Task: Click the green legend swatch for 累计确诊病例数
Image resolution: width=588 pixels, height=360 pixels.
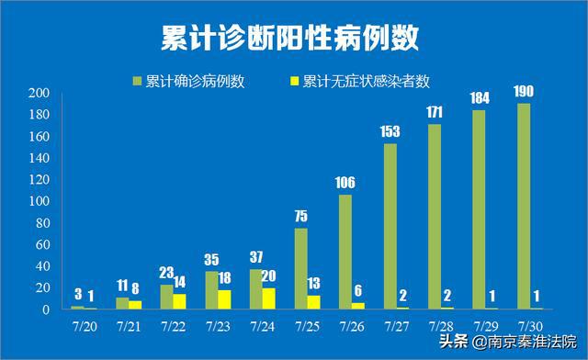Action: [138, 80]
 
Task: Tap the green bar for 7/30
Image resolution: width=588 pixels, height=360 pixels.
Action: [524, 206]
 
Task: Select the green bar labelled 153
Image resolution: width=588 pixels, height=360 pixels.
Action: [390, 226]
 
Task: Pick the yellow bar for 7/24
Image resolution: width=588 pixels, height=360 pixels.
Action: [268, 298]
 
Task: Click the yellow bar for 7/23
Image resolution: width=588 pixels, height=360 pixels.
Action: [224, 299]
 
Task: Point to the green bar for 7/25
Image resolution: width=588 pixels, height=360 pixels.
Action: [301, 268]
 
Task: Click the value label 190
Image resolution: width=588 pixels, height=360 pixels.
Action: [525, 91]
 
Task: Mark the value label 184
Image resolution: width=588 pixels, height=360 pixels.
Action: [480, 97]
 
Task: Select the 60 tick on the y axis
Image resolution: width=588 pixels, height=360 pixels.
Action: [41, 244]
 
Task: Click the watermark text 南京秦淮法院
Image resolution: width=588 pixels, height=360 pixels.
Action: [532, 341]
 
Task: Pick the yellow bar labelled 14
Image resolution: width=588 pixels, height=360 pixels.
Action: [179, 301]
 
